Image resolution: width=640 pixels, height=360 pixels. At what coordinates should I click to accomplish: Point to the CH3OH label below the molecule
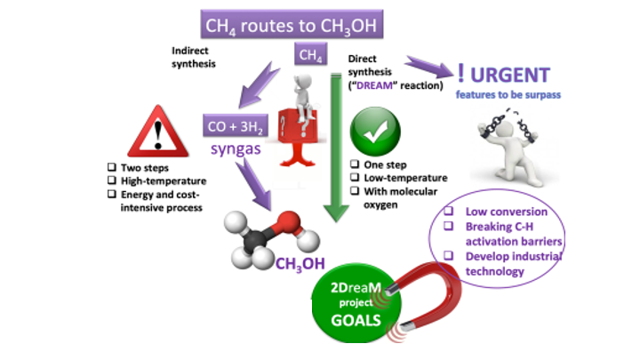point(299,263)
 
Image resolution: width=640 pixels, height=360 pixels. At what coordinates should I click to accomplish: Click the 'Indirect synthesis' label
point(194,56)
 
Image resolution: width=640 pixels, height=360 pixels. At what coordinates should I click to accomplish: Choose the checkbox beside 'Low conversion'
point(451,212)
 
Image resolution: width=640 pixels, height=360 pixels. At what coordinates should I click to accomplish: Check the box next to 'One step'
point(355,165)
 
